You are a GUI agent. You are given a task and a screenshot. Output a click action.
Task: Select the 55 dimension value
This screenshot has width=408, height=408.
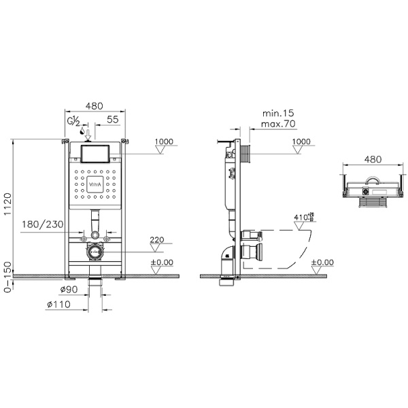(113, 119)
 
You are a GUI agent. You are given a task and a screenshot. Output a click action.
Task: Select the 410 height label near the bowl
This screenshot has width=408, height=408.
(301, 218)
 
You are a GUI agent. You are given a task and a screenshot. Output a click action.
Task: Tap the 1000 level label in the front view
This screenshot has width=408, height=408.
(163, 141)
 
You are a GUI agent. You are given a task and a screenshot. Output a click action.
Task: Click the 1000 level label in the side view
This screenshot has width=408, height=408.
(301, 141)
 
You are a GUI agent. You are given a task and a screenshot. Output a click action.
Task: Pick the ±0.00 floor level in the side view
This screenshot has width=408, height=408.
(322, 262)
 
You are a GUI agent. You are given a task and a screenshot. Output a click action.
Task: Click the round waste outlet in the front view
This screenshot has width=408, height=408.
(95, 252)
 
